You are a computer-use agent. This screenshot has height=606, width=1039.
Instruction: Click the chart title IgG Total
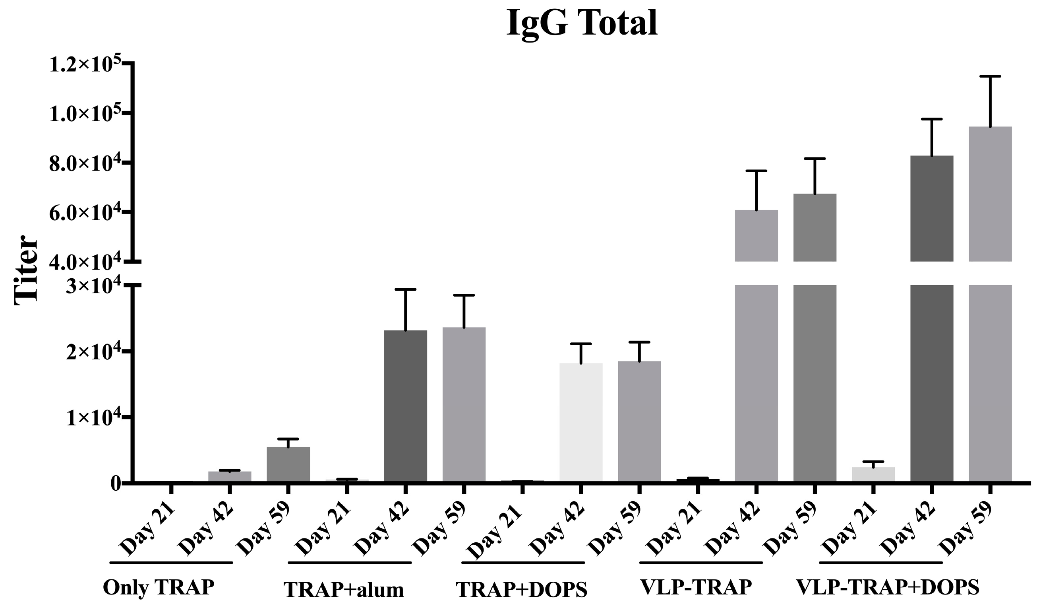coord(581,23)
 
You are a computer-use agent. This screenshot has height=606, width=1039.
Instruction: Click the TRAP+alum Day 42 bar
coord(405,406)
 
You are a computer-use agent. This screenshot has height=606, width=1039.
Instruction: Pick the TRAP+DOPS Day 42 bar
coord(581,422)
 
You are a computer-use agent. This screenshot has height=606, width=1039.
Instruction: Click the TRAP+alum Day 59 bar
coord(464,404)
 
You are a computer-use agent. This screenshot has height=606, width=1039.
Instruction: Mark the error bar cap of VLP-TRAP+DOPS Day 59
coord(990,76)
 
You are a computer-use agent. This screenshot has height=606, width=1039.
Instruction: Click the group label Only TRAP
coord(159,587)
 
